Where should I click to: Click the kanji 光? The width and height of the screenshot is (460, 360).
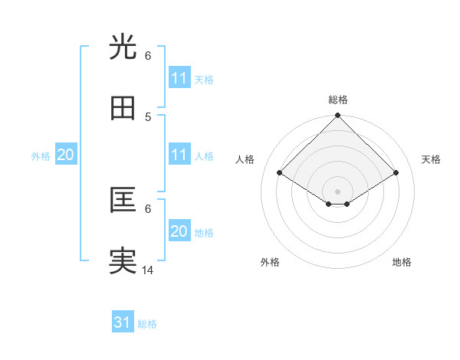(x=123, y=47)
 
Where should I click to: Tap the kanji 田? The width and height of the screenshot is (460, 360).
(x=123, y=109)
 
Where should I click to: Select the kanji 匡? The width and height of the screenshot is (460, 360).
(x=123, y=201)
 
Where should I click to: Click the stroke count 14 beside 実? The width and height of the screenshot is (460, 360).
(x=147, y=270)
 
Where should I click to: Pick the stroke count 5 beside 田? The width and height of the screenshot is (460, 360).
(x=147, y=116)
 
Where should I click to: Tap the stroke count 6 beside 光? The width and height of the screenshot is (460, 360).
(x=147, y=55)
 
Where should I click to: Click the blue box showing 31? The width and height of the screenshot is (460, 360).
(x=123, y=322)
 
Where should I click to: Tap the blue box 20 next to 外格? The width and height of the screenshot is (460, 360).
(x=65, y=155)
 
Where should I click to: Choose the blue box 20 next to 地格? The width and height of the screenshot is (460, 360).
(x=179, y=231)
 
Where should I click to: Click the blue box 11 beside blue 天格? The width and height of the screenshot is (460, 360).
(x=179, y=78)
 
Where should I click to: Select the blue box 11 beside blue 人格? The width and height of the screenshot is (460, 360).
(x=179, y=155)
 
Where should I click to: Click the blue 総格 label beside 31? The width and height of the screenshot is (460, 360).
(x=147, y=324)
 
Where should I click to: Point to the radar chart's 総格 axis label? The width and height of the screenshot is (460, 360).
(x=338, y=100)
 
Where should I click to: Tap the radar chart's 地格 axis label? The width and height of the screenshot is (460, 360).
(x=402, y=262)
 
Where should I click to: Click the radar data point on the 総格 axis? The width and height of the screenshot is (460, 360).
(x=338, y=116)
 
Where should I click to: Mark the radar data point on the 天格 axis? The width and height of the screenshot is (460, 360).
(x=396, y=173)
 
